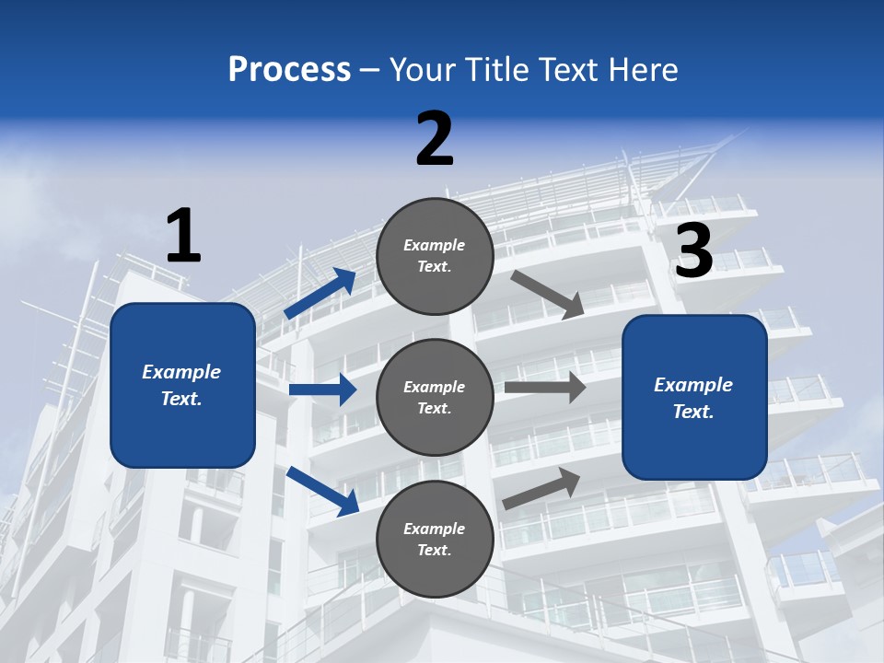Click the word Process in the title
click(x=289, y=70)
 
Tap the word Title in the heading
click(x=497, y=70)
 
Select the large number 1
click(x=183, y=236)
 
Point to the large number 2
click(x=435, y=139)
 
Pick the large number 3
click(x=693, y=250)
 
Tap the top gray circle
click(x=435, y=255)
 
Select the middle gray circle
click(x=435, y=397)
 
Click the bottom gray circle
click(x=435, y=539)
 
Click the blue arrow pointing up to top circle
click(x=320, y=294)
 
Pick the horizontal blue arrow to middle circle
click(x=322, y=390)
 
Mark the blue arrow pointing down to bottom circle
click(x=322, y=490)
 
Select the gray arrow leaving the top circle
click(x=548, y=295)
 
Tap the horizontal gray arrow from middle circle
click(x=545, y=388)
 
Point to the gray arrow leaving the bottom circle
click(x=541, y=488)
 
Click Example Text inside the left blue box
click(x=181, y=385)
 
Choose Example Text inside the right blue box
click(x=693, y=398)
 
